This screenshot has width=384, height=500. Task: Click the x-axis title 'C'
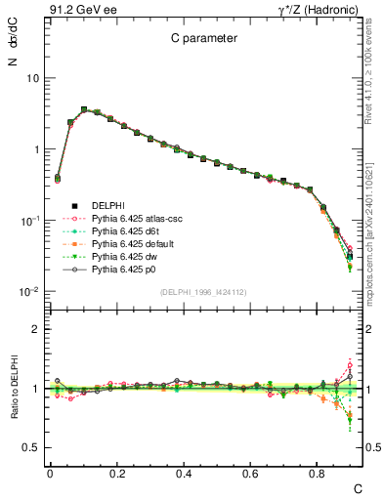click(x=358, y=487)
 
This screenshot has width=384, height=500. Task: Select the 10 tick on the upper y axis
click(x=32, y=78)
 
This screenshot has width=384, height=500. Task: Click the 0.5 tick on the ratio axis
click(x=31, y=447)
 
